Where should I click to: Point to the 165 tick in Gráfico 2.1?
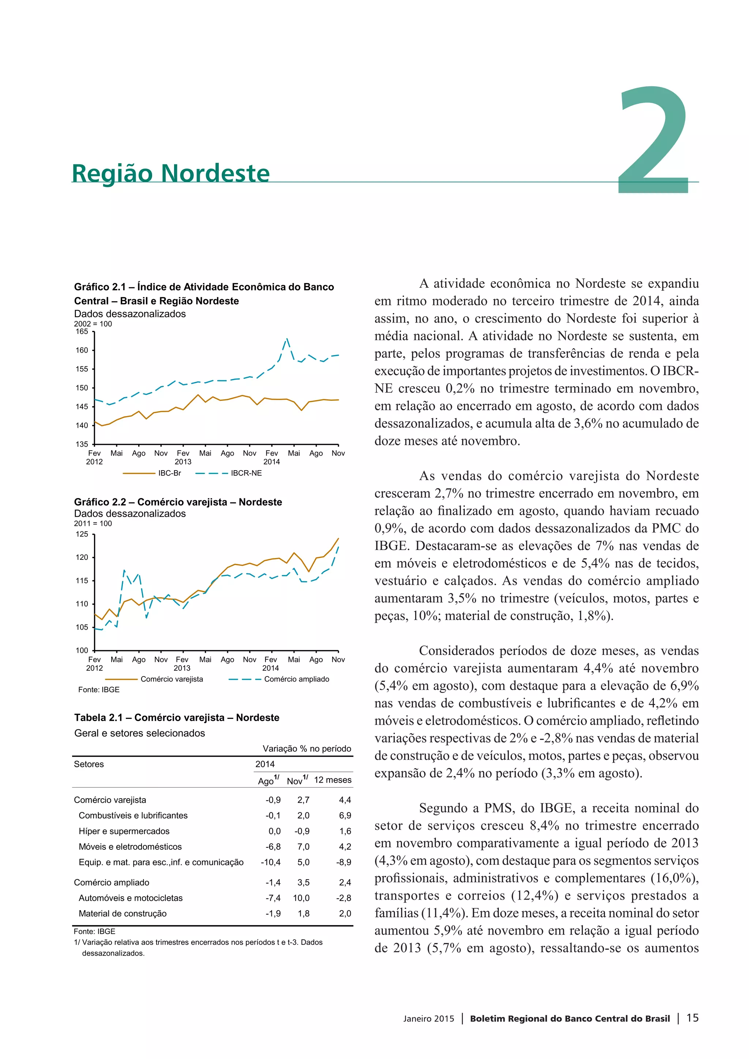82,332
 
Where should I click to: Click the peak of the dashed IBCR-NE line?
287,339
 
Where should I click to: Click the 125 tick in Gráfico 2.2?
82,534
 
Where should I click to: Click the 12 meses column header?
332,780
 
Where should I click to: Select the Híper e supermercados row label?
124,831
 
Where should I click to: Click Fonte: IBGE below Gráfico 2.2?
99,690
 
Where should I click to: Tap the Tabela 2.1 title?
177,718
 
